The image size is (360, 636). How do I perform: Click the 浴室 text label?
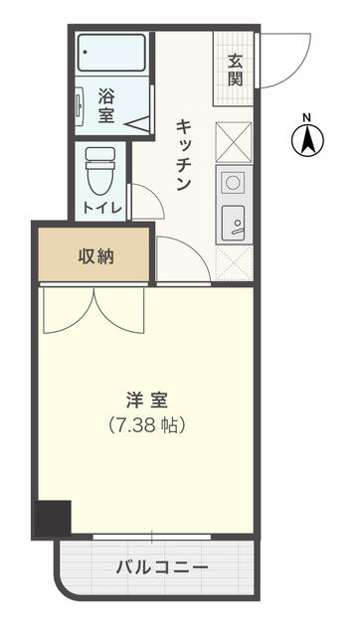pos(106,106)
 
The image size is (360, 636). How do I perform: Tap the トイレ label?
pos(102,208)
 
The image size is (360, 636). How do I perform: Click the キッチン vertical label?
pos(185,154)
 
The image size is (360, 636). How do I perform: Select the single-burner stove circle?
pos(233,183)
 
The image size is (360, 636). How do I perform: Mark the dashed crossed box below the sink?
pos(234,262)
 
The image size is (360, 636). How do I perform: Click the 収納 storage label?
pos(95,256)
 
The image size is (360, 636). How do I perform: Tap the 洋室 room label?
pos(146,400)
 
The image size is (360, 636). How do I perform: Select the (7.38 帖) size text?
pos(146,424)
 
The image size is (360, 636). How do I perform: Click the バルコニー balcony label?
pos(162,567)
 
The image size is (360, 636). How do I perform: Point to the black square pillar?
pos(54,518)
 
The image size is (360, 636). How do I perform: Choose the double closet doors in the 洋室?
pos(94,310)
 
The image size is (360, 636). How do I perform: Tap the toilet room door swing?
pos(147,204)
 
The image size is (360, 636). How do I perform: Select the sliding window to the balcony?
pos(152,538)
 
